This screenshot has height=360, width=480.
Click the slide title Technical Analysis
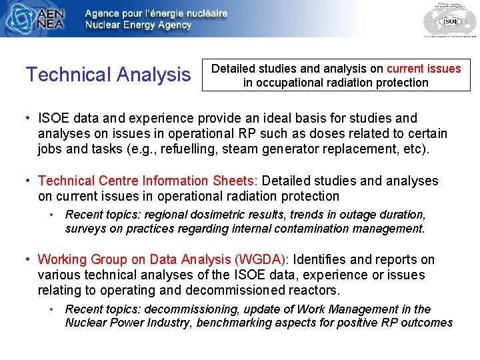click(108, 75)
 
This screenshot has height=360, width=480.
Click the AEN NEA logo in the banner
click(37, 19)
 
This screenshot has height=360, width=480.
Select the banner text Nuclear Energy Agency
click(138, 25)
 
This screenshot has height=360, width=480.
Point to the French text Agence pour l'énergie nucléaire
click(156, 13)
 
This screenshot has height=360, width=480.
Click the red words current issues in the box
click(423, 69)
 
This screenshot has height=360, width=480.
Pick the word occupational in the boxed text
click(289, 83)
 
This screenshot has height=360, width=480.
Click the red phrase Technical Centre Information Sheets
click(149, 181)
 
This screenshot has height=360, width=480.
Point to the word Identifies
click(323, 259)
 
